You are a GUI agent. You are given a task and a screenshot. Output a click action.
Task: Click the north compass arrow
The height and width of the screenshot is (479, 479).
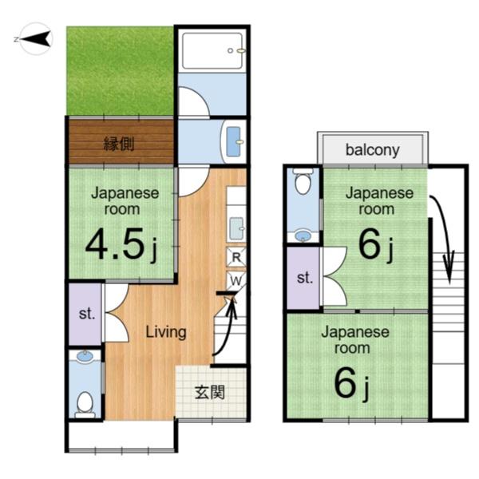(36, 39)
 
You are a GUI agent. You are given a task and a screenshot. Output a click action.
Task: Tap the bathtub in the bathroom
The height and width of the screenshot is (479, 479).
(212, 51)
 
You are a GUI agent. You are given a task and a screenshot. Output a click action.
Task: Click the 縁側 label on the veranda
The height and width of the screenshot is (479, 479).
(119, 144)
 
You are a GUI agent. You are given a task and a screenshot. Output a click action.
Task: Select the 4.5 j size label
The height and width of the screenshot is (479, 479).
(122, 244)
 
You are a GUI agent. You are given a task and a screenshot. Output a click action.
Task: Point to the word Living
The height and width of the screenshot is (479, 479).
(166, 332)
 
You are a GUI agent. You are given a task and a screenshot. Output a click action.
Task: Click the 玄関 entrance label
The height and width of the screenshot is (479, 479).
(210, 392)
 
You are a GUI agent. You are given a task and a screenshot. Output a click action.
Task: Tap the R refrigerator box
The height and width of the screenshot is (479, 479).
(236, 257)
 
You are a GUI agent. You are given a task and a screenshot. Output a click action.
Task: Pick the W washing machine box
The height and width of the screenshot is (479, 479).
(236, 280)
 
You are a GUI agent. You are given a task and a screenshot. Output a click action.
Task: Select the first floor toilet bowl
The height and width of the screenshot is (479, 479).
(85, 404)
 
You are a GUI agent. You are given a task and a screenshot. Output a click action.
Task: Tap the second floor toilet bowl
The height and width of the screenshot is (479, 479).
(303, 181)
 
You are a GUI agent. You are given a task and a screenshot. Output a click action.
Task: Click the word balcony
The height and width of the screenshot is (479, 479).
(372, 150)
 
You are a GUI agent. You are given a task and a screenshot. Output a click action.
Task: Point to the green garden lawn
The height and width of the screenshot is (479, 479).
(120, 71)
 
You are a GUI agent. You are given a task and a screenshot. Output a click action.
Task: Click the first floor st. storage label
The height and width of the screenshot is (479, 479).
(86, 314)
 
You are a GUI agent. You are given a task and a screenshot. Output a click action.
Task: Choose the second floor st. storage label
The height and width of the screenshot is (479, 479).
(305, 278)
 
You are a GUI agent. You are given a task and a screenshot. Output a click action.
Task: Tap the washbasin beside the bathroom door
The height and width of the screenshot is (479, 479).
(234, 141)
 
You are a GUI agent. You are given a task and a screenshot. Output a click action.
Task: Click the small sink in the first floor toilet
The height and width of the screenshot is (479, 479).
(85, 356)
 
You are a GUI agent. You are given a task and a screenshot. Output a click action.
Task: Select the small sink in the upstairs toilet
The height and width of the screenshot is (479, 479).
(303, 236)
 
